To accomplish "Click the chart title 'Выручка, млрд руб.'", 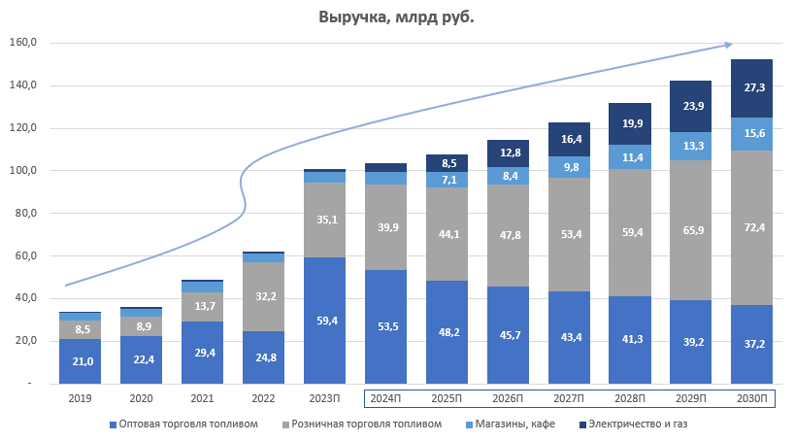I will [x=397, y=17].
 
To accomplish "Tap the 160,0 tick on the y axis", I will [x=22, y=43].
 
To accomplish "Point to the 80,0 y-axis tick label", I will [x=24, y=213].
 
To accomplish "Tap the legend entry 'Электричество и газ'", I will [x=638, y=424].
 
